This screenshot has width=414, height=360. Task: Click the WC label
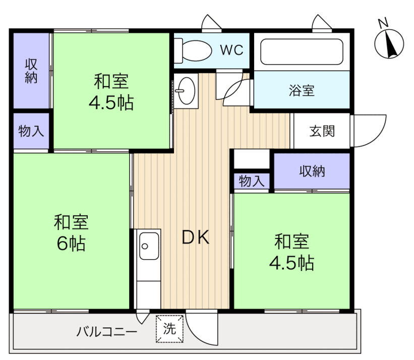tap(231, 49)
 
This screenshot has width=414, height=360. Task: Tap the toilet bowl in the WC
tap(197, 51)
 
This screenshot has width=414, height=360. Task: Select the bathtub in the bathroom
tap(302, 52)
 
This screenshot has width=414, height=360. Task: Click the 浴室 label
tap(302, 90)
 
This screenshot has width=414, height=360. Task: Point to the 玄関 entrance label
tap(322, 131)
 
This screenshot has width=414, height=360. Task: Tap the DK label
tap(196, 237)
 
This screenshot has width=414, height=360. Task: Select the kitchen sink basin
tap(149, 246)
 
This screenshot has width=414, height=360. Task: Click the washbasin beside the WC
tap(187, 91)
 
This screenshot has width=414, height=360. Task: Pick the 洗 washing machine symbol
tap(169, 329)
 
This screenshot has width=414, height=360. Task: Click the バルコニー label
tap(107, 331)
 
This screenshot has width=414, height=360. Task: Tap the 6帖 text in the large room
tap(71, 244)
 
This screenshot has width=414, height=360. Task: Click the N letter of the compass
tap(383, 23)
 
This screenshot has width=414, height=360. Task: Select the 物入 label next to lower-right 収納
tap(251, 181)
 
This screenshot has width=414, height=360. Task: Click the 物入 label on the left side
tap(31, 131)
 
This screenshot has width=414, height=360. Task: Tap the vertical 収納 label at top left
tap(31, 71)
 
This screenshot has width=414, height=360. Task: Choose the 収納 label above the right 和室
tap(312, 171)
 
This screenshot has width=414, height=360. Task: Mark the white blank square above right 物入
tap(252, 159)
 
